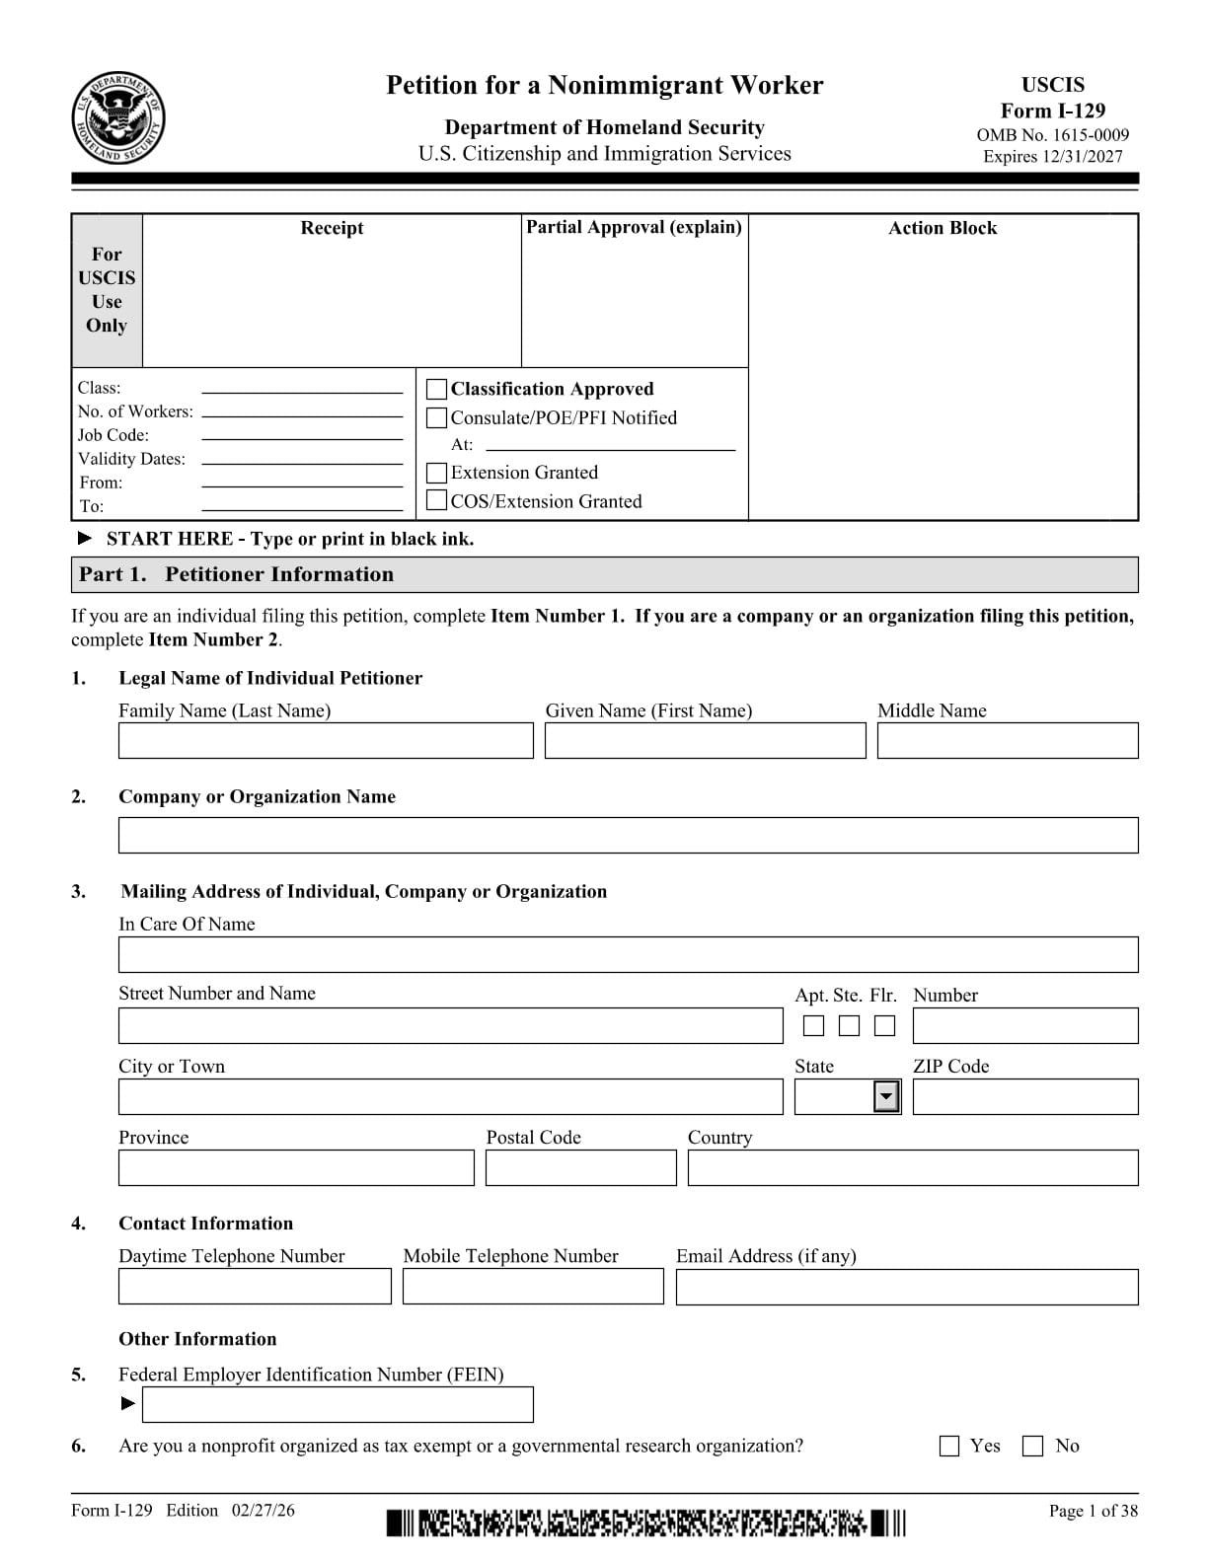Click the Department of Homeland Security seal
pyautogui.click(x=118, y=119)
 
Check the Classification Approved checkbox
pyautogui.click(x=436, y=389)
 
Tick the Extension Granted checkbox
pyautogui.click(x=436, y=473)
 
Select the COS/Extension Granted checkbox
pyautogui.click(x=436, y=501)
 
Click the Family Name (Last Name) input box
pyautogui.click(x=325, y=741)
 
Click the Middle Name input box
pyautogui.click(x=1007, y=741)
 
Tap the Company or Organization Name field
pyautogui.click(x=628, y=835)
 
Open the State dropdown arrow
pyautogui.click(x=887, y=1096)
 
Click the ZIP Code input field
pyautogui.click(x=1024, y=1096)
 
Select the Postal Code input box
pyautogui.click(x=580, y=1167)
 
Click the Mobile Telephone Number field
pyautogui.click(x=533, y=1287)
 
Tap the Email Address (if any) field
pyautogui.click(x=906, y=1287)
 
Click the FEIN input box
pyautogui.click(x=338, y=1404)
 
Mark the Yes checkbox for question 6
pyautogui.click(x=949, y=1447)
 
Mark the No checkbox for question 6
pyautogui.click(x=1032, y=1447)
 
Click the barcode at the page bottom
pyautogui.click(x=645, y=1523)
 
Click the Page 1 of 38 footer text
pyautogui.click(x=1093, y=1511)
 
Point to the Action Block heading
pyautogui.click(x=943, y=228)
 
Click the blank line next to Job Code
pyautogui.click(x=302, y=438)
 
